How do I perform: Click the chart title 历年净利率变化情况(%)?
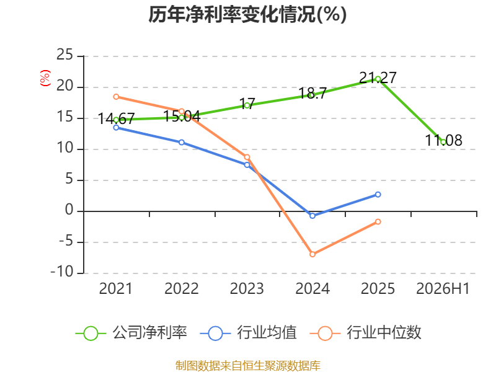[247, 14]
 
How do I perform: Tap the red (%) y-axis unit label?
[45, 78]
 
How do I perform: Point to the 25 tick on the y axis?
[65, 55]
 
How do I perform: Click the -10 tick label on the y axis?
[62, 272]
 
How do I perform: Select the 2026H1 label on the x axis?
[443, 288]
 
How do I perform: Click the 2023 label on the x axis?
[247, 288]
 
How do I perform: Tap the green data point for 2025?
[378, 79]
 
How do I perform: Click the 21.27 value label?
[378, 78]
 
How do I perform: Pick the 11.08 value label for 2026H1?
[443, 140]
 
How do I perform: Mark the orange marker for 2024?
[312, 254]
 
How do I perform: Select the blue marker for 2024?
[312, 216]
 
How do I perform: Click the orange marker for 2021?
[116, 97]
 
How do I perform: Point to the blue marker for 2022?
[182, 143]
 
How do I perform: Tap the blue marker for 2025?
[378, 195]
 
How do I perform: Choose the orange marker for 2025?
[378, 222]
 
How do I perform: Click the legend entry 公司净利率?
[131, 333]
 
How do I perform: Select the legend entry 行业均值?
[249, 333]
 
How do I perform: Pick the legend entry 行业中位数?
[366, 333]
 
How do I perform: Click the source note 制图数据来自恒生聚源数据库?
[248, 365]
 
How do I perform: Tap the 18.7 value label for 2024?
[312, 94]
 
